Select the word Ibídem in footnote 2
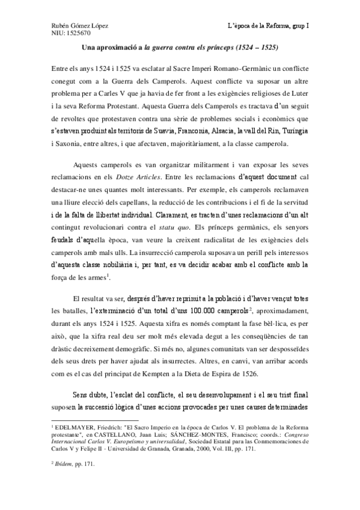click(x=63, y=464)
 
